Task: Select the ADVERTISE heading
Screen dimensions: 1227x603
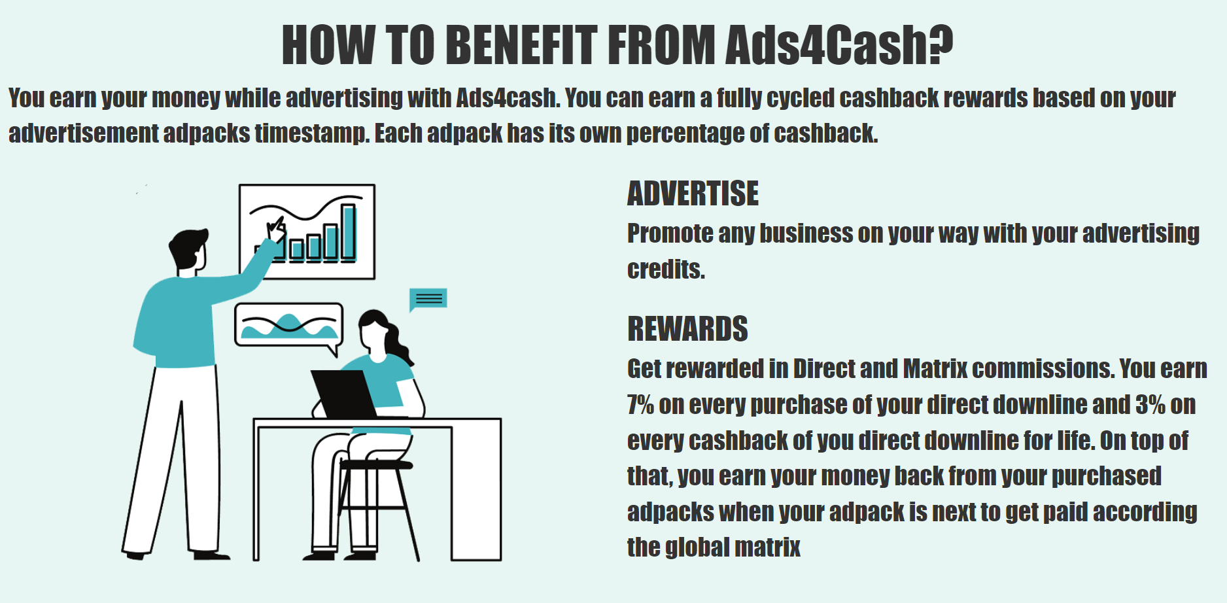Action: tap(693, 194)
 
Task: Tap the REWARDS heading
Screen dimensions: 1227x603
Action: tap(687, 329)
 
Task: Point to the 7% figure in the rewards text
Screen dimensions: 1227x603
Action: tap(640, 405)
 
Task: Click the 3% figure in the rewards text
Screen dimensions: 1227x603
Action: tap(1150, 405)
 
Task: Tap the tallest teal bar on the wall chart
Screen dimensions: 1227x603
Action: tap(349, 232)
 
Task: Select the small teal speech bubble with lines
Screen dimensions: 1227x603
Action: tap(428, 300)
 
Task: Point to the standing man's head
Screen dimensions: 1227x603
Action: tap(188, 250)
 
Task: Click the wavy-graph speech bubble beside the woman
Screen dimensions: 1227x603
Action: tap(288, 325)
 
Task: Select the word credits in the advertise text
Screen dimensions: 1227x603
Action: tap(666, 269)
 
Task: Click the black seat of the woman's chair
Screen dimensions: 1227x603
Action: tap(377, 465)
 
